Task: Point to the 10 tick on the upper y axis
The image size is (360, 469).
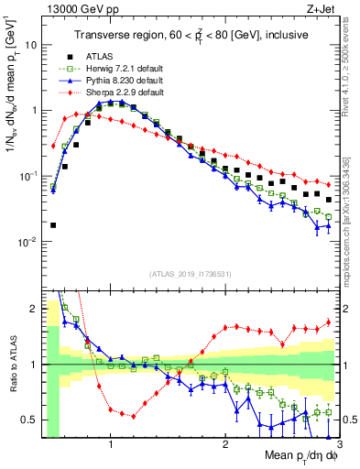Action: point(32,44)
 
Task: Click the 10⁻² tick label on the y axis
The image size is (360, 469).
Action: point(27,242)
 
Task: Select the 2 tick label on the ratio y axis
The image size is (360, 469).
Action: point(33,310)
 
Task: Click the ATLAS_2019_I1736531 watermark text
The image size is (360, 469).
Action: point(190,274)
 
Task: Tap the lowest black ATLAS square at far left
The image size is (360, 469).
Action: point(53,224)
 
